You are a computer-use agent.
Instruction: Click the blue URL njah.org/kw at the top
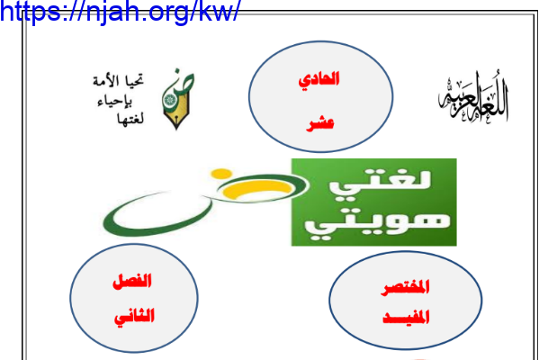[x=120, y=11]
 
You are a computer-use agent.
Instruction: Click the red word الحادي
[x=319, y=79]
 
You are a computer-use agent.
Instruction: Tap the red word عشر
[x=320, y=123]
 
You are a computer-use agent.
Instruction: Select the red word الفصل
[x=132, y=282]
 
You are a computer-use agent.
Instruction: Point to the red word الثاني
[x=134, y=317]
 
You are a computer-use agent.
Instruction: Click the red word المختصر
[x=405, y=287]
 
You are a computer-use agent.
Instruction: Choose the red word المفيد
[x=406, y=317]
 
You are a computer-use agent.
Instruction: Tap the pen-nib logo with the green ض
[x=177, y=99]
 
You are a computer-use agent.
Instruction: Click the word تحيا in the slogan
[x=134, y=80]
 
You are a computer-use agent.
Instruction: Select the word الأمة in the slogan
[x=106, y=82]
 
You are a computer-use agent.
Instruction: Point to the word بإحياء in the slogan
[x=115, y=101]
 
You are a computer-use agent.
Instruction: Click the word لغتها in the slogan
[x=130, y=119]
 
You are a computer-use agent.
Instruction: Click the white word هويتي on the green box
[x=377, y=224]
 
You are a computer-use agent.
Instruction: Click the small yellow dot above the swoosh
[x=221, y=174]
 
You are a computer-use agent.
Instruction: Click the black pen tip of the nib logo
[x=176, y=124]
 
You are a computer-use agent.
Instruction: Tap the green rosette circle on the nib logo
[x=169, y=100]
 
